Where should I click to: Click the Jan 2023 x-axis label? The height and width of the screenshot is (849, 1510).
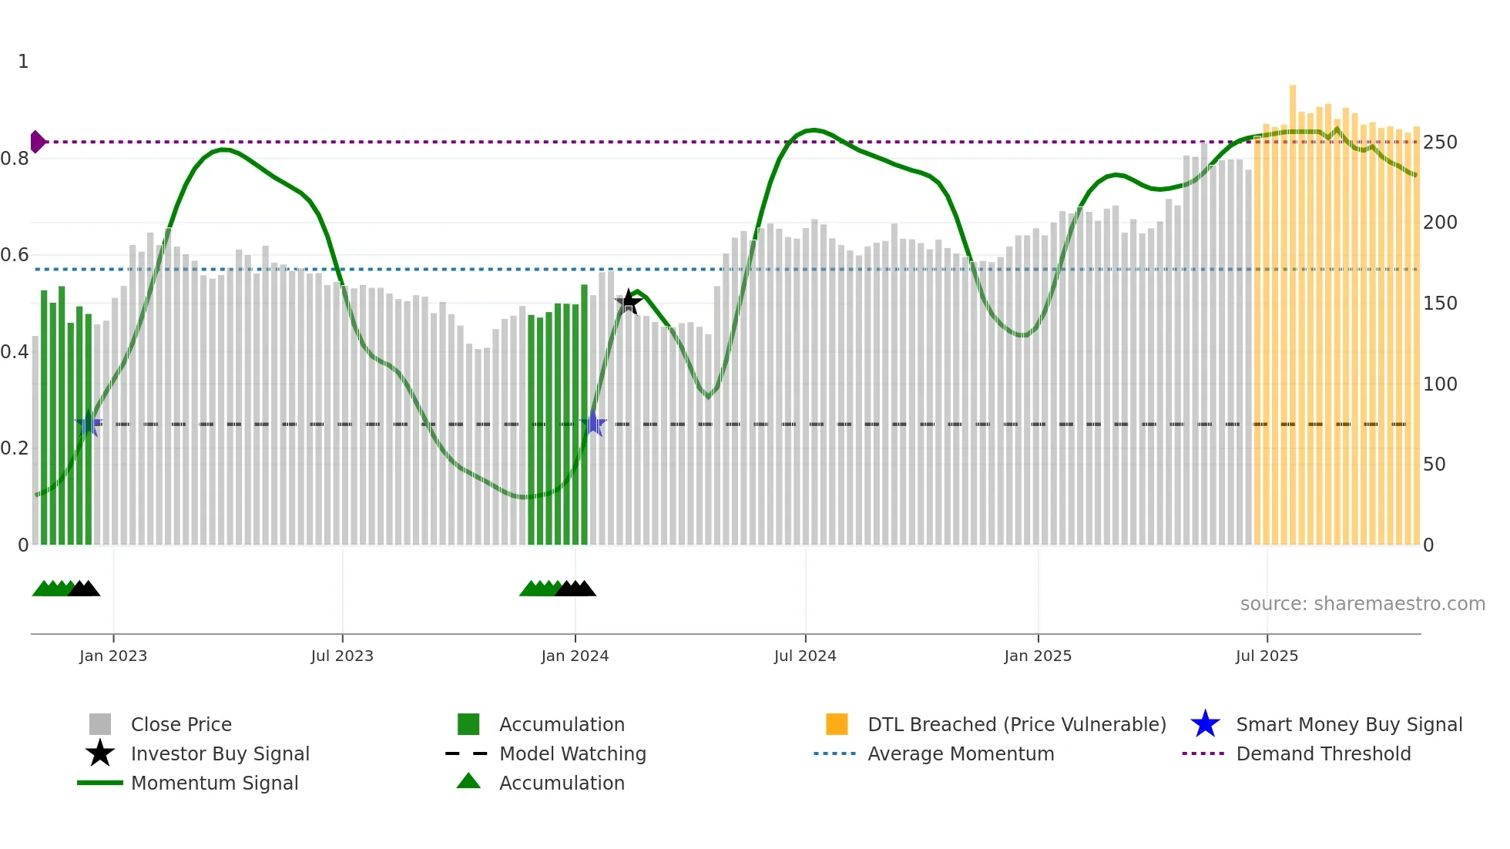point(113,656)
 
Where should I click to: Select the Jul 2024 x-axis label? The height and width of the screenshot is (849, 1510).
point(805,656)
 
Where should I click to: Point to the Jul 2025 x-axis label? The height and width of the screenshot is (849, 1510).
point(1267,656)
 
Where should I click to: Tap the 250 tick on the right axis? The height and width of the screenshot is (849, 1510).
point(1440,143)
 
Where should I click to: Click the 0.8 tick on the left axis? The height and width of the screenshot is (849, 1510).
point(15,159)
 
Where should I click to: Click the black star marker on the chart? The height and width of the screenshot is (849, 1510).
point(629,302)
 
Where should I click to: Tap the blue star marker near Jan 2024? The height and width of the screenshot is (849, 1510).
point(593,424)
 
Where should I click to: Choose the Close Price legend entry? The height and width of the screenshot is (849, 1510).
point(181,724)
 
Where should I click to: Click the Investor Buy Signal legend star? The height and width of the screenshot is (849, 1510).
point(100,753)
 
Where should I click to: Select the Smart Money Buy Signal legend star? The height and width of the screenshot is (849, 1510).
point(1205,724)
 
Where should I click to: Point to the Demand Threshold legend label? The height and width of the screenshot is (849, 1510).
point(1323,753)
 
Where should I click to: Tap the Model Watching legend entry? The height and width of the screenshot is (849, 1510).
point(572,753)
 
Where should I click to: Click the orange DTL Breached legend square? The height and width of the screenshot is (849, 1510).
point(837,724)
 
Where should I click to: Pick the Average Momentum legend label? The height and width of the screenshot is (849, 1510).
point(960,753)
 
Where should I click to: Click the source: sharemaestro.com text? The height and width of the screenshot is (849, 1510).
point(1362,603)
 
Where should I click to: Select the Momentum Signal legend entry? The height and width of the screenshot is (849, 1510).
point(214,783)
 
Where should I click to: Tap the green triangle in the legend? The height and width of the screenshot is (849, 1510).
point(468,781)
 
